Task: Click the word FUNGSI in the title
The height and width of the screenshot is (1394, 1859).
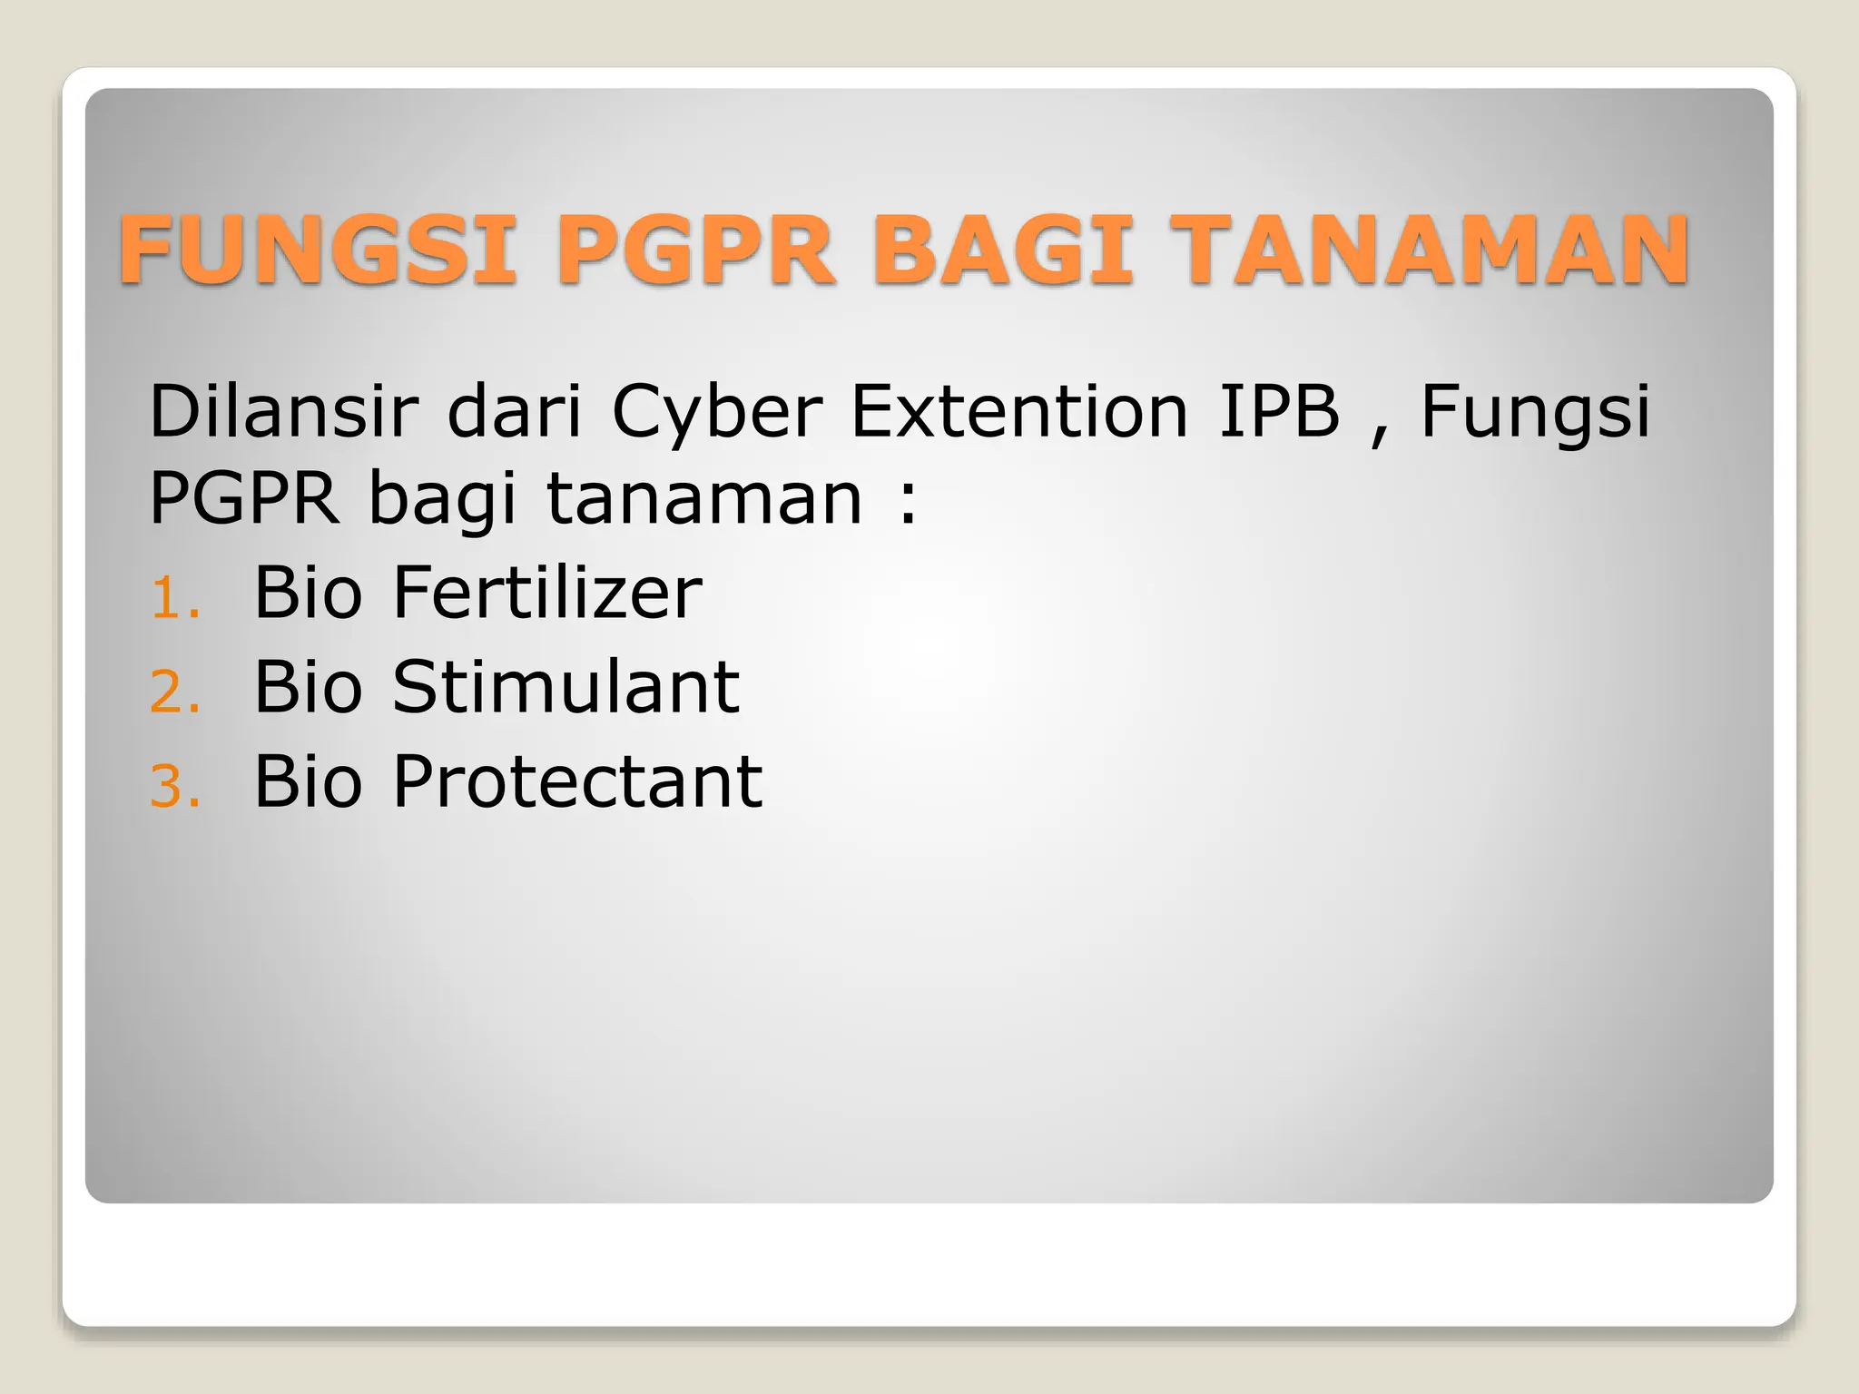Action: [x=318, y=250]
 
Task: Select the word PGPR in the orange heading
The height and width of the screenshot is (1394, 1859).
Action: [x=694, y=250]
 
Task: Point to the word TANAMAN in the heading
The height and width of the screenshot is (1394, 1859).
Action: [x=1430, y=250]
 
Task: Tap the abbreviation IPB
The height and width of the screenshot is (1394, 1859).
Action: [x=1279, y=411]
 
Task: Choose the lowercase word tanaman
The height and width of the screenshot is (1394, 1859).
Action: [x=704, y=498]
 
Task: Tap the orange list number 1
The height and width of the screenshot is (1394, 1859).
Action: [x=172, y=599]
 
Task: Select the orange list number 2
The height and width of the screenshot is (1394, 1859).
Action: [x=172, y=693]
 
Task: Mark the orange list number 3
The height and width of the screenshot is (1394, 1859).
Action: [x=172, y=787]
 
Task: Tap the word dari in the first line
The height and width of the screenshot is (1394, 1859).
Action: [x=514, y=411]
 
